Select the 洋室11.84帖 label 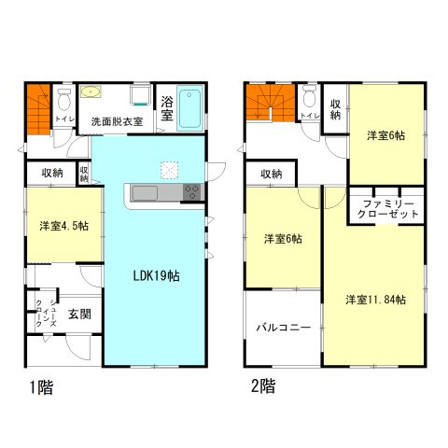(375, 300)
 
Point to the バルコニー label (284, 329)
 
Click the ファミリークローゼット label (386, 207)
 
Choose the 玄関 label (79, 315)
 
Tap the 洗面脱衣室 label (116, 122)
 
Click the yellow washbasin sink (91, 94)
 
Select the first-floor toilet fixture (63, 99)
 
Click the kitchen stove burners (192, 193)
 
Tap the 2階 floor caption (262, 385)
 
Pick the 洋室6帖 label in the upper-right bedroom (386, 135)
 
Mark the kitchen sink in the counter (147, 193)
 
